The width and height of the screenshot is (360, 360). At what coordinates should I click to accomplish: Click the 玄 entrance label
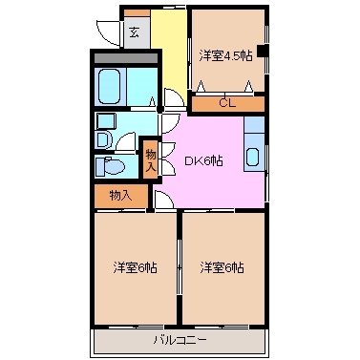tap(134, 32)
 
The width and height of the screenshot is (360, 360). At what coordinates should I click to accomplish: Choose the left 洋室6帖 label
tap(135, 266)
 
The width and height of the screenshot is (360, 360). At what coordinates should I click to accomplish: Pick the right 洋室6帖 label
tap(222, 266)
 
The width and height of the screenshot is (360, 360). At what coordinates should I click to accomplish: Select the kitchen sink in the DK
tap(253, 157)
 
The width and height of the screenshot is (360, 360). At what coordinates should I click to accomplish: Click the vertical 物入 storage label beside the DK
tap(150, 159)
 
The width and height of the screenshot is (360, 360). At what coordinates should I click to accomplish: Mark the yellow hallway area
tap(172, 48)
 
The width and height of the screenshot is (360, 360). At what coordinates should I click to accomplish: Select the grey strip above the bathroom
tap(125, 58)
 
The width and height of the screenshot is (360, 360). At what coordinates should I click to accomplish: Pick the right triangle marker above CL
tap(251, 87)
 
